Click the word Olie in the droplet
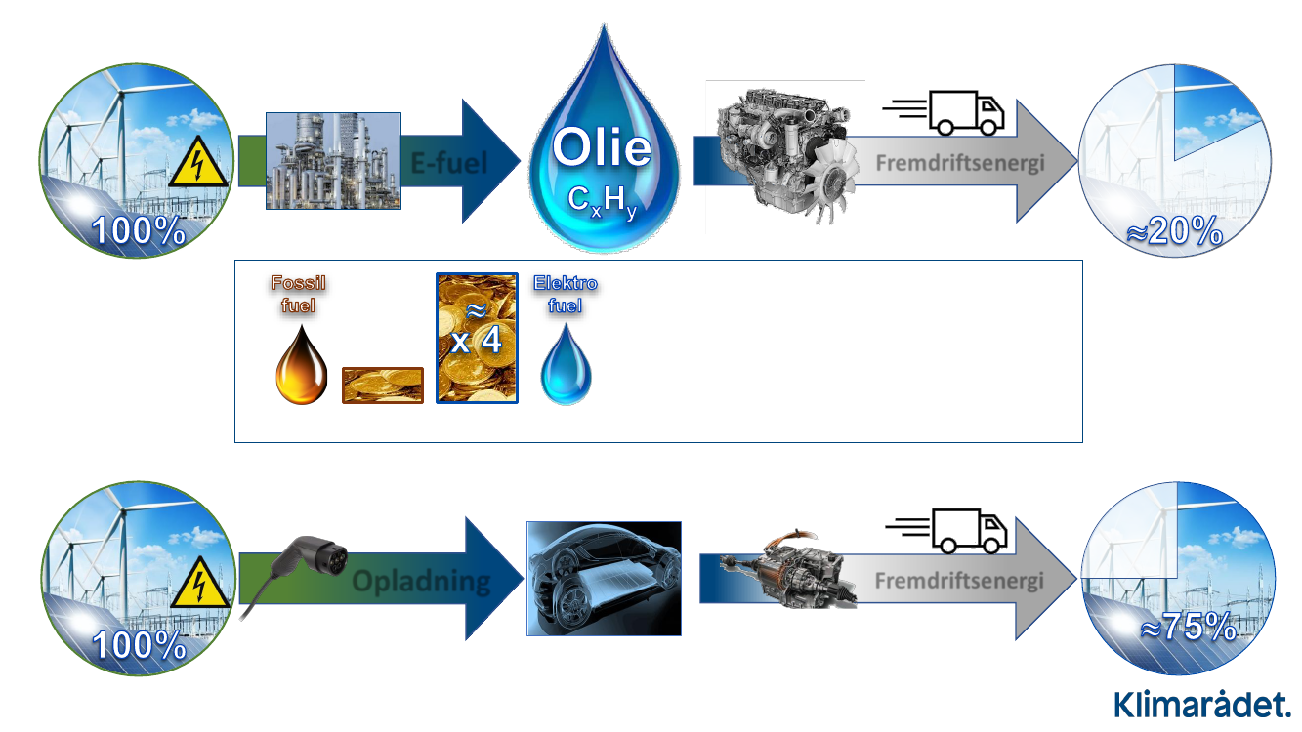click(x=602, y=148)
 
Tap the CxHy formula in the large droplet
click(x=602, y=200)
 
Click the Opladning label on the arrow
click(x=421, y=583)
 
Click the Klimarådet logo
click(x=1202, y=704)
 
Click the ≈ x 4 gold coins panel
click(x=477, y=338)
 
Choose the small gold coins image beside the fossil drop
click(x=382, y=386)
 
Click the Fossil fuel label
click(x=298, y=294)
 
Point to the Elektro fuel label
click(x=565, y=294)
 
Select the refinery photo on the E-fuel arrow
click(x=333, y=161)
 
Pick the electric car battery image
click(x=603, y=578)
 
